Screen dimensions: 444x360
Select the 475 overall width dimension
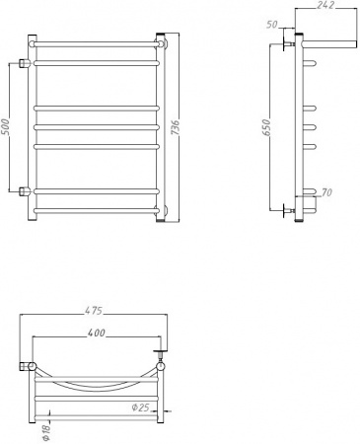tap(93, 316)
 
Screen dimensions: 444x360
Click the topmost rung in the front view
tap(96, 43)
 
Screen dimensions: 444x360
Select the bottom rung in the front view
tap(96, 210)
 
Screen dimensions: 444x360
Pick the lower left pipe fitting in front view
tap(23, 190)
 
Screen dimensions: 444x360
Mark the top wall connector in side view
tap(287, 44)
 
